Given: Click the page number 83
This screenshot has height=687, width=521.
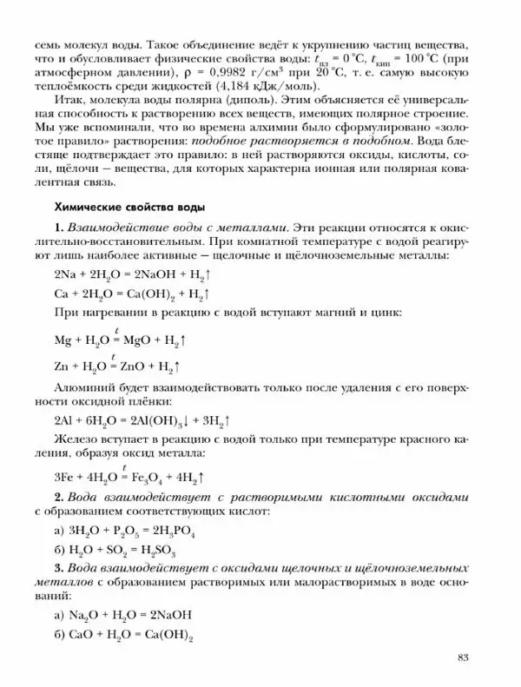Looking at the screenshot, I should tap(463, 656).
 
